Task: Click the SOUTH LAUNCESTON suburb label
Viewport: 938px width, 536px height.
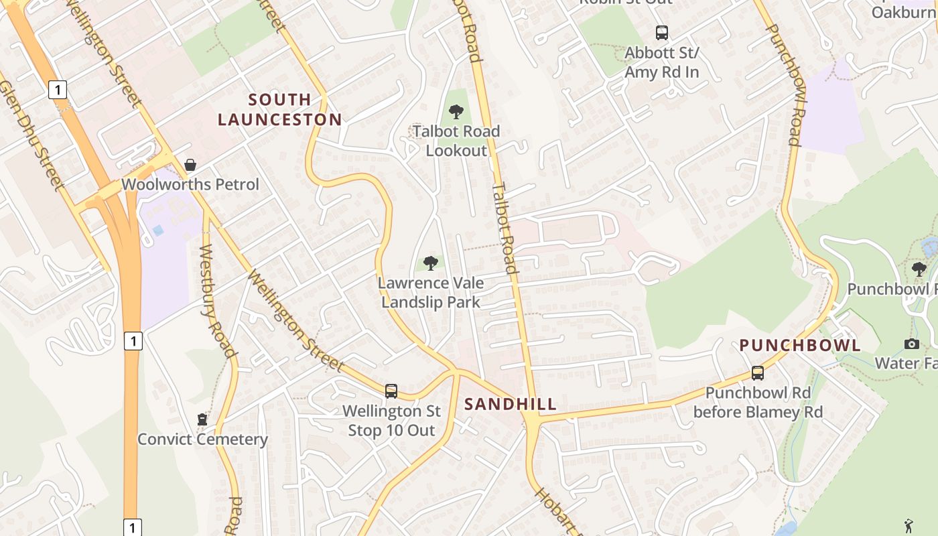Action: coord(279,110)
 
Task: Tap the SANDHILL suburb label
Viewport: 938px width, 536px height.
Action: coord(511,404)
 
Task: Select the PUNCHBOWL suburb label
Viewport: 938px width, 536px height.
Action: coord(800,346)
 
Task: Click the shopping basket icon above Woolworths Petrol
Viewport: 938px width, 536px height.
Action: coord(190,165)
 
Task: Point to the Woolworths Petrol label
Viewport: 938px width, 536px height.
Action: coord(190,184)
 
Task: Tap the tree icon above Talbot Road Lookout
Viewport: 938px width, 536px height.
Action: coord(456,111)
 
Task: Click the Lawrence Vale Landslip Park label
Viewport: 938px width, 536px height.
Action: coord(431,292)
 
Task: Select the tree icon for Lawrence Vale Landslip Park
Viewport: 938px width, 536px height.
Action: coord(430,263)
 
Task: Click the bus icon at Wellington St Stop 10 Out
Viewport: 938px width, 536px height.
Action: coord(391,391)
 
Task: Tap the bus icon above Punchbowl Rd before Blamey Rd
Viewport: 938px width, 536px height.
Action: coord(758,373)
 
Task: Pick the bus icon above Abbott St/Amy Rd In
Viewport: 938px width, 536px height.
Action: coord(661,32)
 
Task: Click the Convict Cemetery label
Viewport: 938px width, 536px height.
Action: coord(202,440)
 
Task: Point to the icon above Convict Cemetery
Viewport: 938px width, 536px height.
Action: coord(202,419)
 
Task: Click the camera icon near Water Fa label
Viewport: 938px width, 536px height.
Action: coord(911,344)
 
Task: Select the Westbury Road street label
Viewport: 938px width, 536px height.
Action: coord(218,301)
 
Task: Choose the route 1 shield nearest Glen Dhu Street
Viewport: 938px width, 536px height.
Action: coord(58,89)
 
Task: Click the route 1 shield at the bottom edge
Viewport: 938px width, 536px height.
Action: coord(132,527)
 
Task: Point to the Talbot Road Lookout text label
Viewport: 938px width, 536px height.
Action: coord(456,141)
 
